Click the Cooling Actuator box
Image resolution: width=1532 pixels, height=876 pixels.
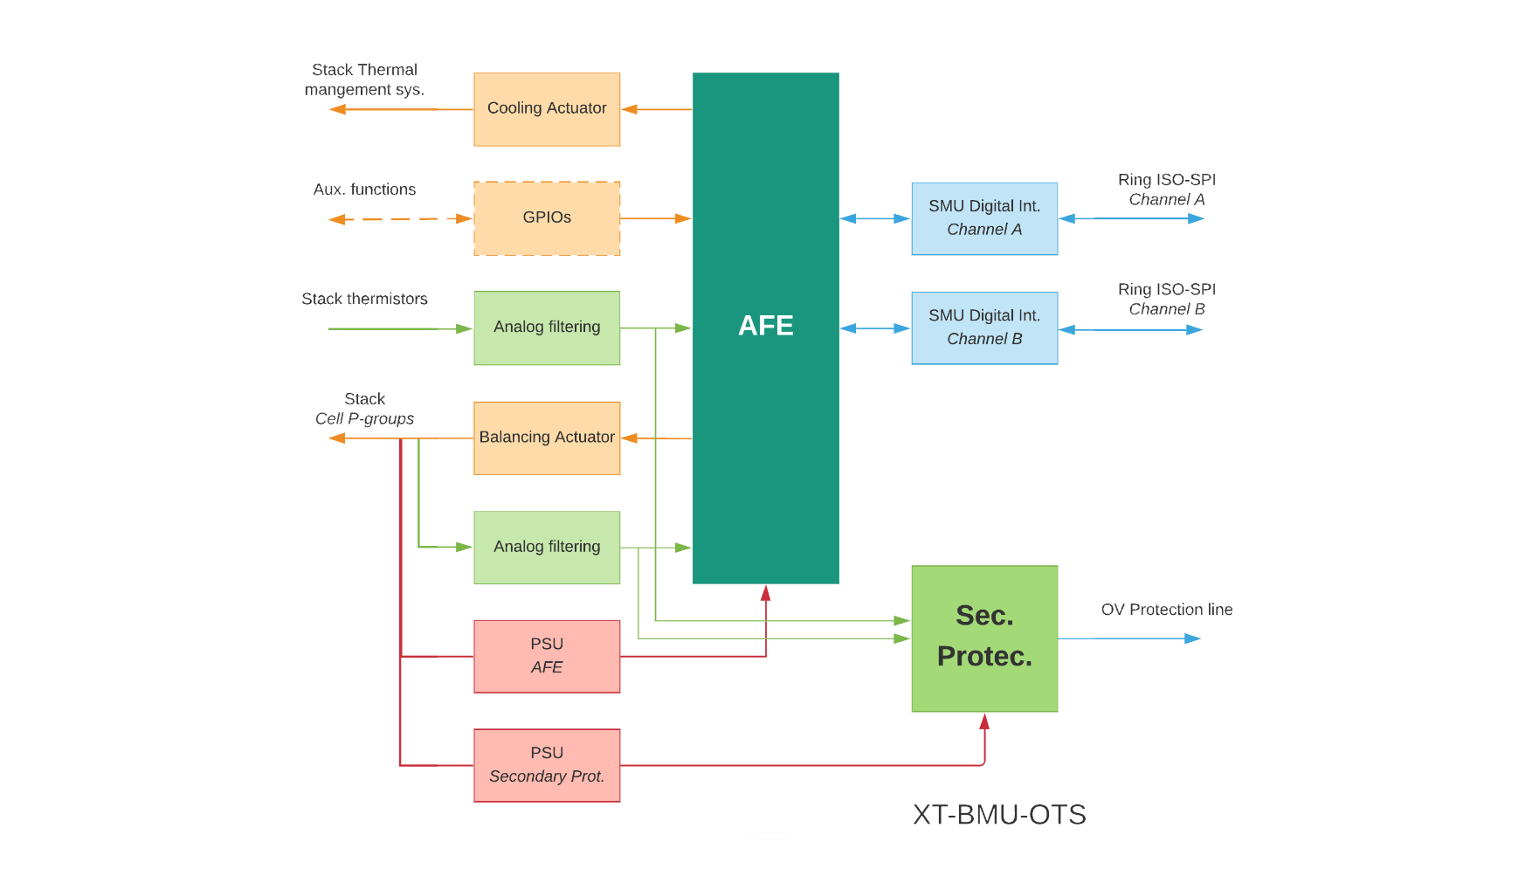point(547,109)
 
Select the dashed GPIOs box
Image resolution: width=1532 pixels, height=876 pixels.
point(547,218)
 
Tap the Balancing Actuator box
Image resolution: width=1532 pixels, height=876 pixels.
point(547,438)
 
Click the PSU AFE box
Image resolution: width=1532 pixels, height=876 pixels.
point(547,656)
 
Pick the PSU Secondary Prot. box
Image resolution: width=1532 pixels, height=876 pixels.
point(547,765)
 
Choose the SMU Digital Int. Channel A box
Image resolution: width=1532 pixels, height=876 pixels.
point(984,218)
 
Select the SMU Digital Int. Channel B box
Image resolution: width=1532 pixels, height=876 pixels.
point(984,328)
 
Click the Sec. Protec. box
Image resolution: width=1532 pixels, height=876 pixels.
point(984,638)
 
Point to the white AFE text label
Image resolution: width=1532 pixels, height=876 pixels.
point(765,326)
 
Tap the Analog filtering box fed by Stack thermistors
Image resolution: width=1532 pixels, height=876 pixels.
point(547,328)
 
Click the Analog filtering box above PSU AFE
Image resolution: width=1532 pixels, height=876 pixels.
point(547,547)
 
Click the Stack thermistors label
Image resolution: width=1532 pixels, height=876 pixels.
point(364,300)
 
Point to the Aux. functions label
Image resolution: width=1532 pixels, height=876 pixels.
point(364,190)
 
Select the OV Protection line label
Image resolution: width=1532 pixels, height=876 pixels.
point(1166,610)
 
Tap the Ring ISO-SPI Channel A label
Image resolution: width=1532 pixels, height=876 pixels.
point(1166,190)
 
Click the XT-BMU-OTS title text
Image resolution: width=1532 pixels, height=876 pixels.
point(999,815)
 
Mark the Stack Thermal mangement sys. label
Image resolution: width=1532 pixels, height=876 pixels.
point(364,79)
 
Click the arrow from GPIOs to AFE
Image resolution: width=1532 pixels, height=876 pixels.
point(655,218)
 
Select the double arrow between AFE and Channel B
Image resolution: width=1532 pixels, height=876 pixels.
point(875,328)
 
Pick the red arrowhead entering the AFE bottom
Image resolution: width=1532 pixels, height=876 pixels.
point(765,594)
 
